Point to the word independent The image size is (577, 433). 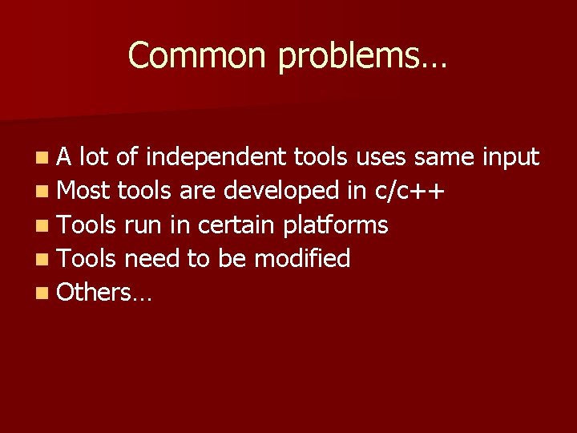pyautogui.click(x=216, y=158)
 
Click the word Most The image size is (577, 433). pyautogui.click(x=85, y=191)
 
